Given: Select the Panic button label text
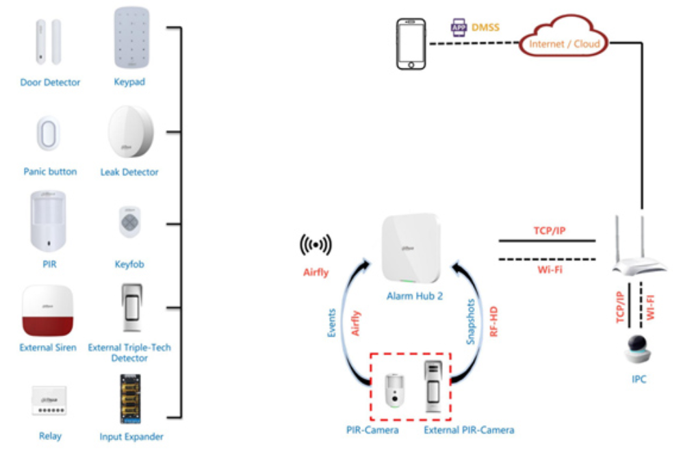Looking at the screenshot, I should [x=50, y=172].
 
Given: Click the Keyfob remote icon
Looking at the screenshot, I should [x=130, y=222].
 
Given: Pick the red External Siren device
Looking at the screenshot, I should [x=47, y=310].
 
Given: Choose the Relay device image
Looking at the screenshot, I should [x=49, y=400].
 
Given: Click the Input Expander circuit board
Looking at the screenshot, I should [x=130, y=399].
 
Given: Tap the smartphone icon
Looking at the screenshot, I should [x=411, y=44].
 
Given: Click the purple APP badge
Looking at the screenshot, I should [x=458, y=27].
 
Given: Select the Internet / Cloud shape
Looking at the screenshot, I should [x=564, y=38].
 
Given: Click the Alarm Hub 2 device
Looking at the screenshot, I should [x=411, y=248].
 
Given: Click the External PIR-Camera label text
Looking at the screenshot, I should [x=469, y=430].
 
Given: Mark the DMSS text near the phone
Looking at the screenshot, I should [x=485, y=27].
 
